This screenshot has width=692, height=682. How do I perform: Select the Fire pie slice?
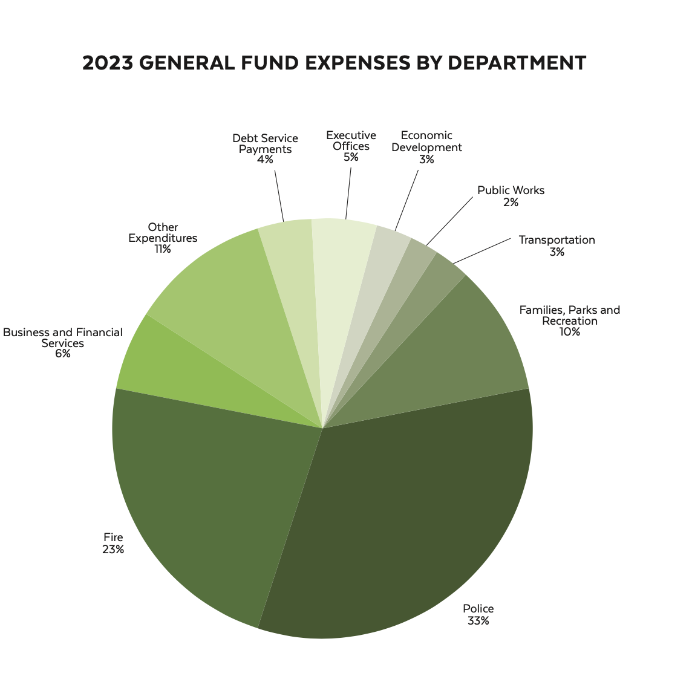click(x=218, y=496)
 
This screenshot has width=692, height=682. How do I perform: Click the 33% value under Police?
click(x=478, y=621)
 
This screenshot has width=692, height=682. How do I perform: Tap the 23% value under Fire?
click(x=113, y=550)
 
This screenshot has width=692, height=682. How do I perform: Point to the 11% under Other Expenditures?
click(x=162, y=249)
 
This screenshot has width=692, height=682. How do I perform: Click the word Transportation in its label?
click(x=557, y=240)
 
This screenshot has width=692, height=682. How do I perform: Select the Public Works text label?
click(x=511, y=190)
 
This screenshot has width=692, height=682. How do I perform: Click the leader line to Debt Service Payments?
click(x=279, y=196)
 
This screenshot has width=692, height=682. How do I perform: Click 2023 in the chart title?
click(x=106, y=63)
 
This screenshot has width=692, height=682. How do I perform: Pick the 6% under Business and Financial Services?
click(x=62, y=354)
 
